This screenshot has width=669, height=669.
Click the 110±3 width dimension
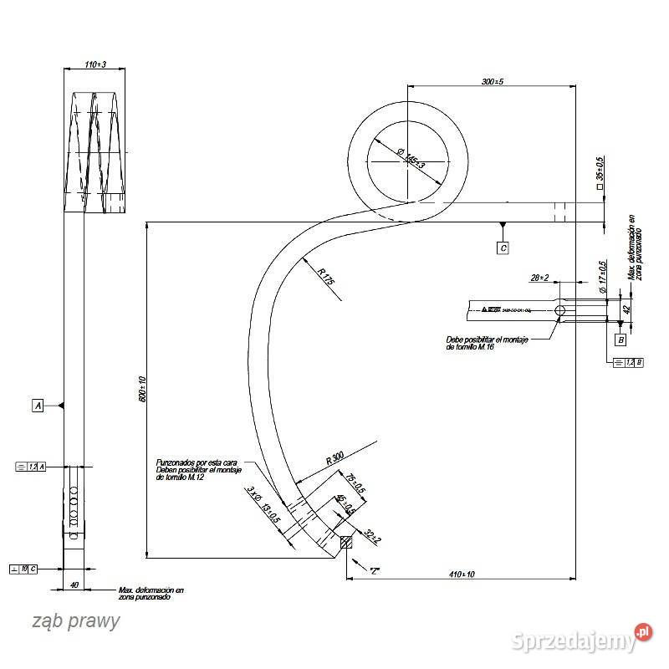click(96, 64)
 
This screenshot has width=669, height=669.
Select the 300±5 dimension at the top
click(491, 81)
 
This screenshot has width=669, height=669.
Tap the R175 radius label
click(325, 277)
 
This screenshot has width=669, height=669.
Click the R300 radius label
click(334, 457)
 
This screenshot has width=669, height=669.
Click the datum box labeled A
click(37, 406)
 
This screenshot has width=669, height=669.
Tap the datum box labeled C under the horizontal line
click(502, 248)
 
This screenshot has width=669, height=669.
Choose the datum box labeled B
click(620, 340)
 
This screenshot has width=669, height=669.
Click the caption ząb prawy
click(76, 621)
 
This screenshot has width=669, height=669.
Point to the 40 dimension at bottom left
click(74, 585)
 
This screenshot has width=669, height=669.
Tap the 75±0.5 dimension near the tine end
click(351, 483)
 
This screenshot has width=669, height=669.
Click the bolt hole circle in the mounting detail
click(560, 311)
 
